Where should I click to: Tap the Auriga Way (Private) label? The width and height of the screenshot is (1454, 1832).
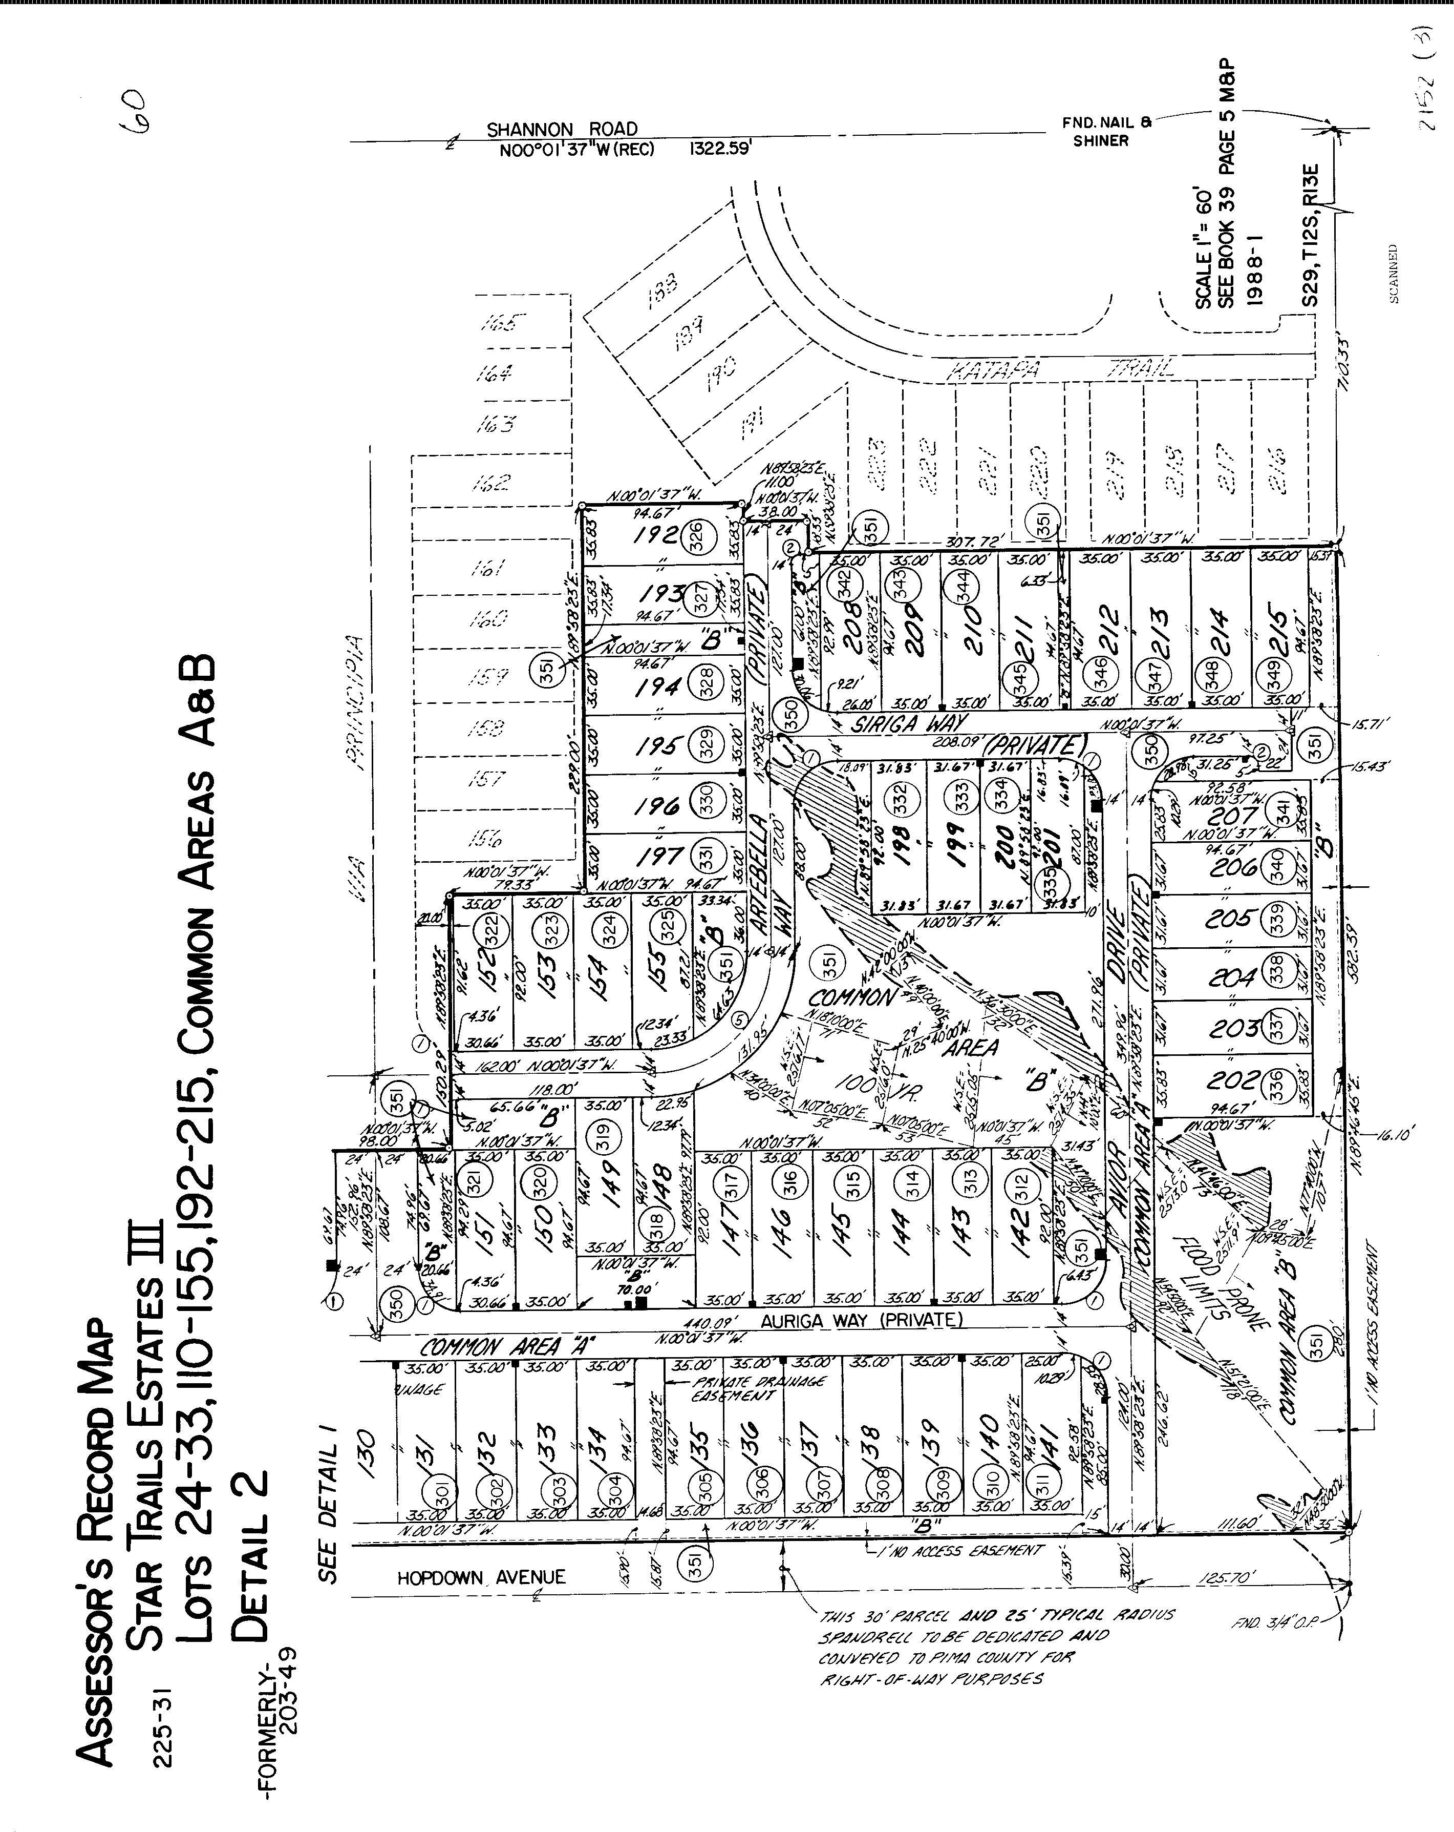point(861,1320)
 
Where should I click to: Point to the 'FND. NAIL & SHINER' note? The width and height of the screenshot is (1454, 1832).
point(1101,132)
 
